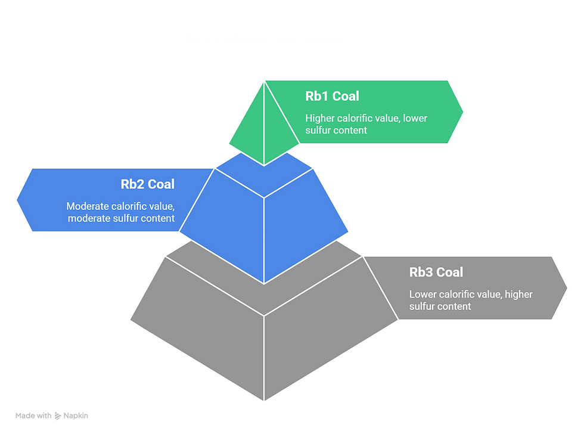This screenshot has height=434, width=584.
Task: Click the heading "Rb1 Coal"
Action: coord(332,96)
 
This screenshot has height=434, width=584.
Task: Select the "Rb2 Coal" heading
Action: coord(147,184)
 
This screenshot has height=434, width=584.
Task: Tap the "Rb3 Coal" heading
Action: coord(436,272)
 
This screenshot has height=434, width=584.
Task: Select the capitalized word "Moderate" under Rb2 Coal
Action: coord(88,206)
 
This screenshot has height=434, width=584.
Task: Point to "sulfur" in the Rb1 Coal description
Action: coord(319,130)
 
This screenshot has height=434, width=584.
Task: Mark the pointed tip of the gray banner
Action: coord(569,287)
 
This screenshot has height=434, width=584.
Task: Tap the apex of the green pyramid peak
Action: coord(265,82)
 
